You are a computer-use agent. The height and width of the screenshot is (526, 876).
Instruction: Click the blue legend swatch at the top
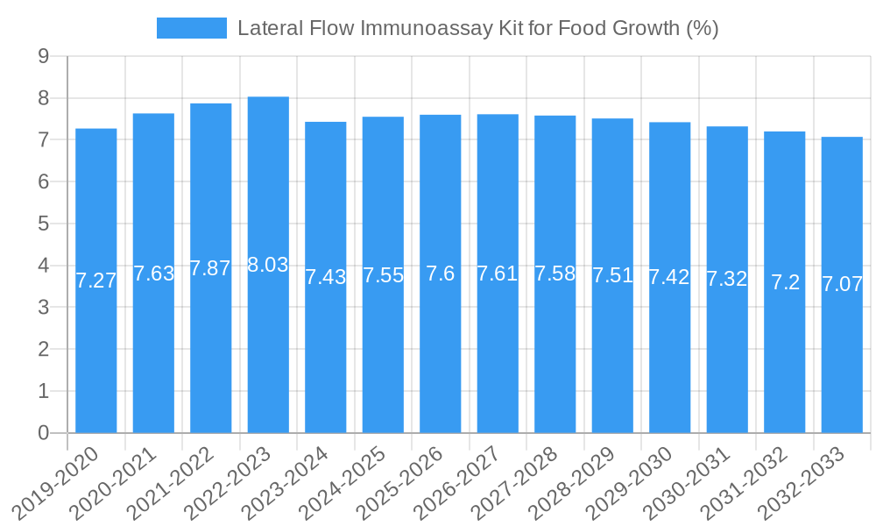pos(191,28)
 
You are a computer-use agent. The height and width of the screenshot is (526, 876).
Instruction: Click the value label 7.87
pos(210,268)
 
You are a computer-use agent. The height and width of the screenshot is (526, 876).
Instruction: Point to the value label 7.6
pos(440,274)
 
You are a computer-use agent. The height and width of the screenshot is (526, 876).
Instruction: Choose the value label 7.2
pos(785,282)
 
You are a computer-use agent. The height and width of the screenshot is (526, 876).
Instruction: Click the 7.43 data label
pos(325,277)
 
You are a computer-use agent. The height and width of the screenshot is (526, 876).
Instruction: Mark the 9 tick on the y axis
pos(44,57)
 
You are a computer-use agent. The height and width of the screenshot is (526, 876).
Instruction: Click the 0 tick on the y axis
pos(44,433)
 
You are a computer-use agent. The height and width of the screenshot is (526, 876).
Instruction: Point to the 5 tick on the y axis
pos(44,224)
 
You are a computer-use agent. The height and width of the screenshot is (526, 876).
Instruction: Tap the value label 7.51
pos(612,275)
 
